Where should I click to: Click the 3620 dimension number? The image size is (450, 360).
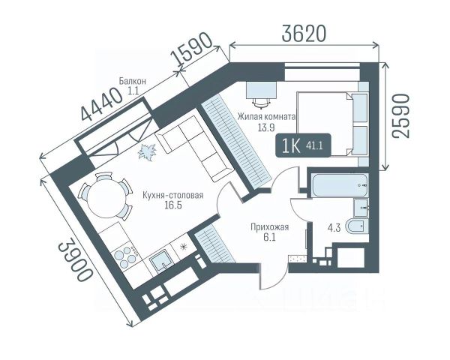click(304, 33)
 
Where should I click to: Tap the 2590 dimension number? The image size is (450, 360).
click(400, 116)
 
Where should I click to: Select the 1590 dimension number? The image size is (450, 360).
click(192, 49)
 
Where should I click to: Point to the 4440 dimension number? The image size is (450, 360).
click(101, 104)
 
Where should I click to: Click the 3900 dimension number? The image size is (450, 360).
click(76, 262)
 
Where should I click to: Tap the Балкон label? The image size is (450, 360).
click(133, 81)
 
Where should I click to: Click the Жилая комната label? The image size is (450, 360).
click(266, 117)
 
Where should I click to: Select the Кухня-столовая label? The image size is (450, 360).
click(173, 195)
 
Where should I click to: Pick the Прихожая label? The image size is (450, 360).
click(269, 227)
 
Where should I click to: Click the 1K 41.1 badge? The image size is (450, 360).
click(303, 145)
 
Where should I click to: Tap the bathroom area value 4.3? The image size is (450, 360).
click(334, 228)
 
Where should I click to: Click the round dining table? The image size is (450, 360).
click(106, 196)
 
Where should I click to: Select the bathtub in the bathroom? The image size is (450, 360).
click(340, 185)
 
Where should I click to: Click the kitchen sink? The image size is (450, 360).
click(161, 260)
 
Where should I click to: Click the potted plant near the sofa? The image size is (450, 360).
click(148, 151)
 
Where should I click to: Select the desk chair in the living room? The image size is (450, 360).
click(262, 103)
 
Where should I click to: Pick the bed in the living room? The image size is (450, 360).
click(332, 124)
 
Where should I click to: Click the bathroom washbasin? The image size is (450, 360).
click(361, 207)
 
